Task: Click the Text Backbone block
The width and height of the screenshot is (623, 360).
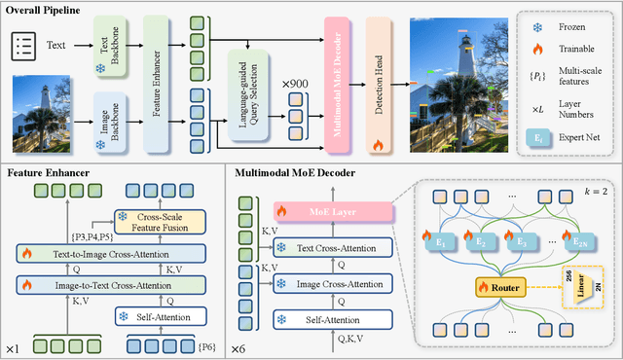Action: tap(106, 44)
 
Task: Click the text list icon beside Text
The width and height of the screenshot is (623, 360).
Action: tap(24, 43)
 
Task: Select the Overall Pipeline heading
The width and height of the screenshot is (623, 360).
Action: tap(47, 13)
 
